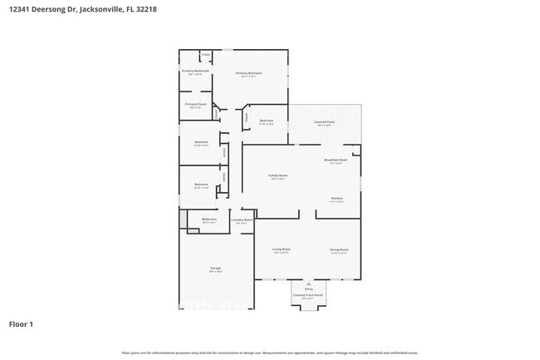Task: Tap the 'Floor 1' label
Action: tap(22, 323)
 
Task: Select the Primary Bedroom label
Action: tap(249, 73)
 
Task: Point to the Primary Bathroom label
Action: tap(195, 72)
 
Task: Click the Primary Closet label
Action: tap(195, 105)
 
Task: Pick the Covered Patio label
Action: tap(324, 122)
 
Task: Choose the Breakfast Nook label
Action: tap(336, 160)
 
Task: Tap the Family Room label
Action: tap(277, 175)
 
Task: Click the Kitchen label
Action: tap(337, 198)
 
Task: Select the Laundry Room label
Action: tap(243, 220)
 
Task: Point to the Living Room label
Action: tap(282, 249)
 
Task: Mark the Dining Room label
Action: tap(339, 249)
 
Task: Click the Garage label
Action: tap(215, 268)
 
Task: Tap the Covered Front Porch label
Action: tap(307, 294)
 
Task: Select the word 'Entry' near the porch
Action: tap(308, 288)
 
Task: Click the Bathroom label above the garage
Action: tap(209, 219)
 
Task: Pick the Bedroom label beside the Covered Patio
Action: tap(266, 121)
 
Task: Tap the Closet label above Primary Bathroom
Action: tap(205, 55)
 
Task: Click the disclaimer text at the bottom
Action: tap(269, 353)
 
